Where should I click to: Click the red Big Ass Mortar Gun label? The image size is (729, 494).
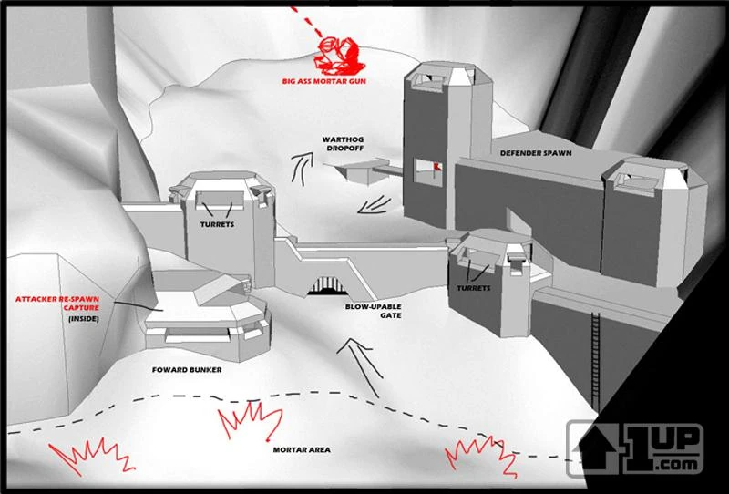click(324, 81)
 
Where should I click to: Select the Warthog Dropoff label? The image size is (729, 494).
click(344, 144)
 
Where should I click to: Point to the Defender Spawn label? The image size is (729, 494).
click(536, 153)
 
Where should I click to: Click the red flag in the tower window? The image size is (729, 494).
click(436, 167)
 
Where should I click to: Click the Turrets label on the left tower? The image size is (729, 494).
click(217, 225)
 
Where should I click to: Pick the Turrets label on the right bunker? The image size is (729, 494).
click(474, 288)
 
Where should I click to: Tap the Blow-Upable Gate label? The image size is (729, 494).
click(373, 311)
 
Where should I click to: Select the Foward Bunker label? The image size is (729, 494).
click(187, 370)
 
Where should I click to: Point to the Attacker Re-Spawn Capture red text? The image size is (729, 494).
click(57, 304)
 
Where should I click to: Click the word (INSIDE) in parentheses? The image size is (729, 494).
click(84, 319)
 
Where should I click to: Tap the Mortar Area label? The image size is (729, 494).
click(302, 450)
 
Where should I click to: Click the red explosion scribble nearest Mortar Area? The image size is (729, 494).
click(249, 421)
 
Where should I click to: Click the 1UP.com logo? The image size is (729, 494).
click(634, 448)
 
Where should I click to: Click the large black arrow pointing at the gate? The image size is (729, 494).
click(360, 367)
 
